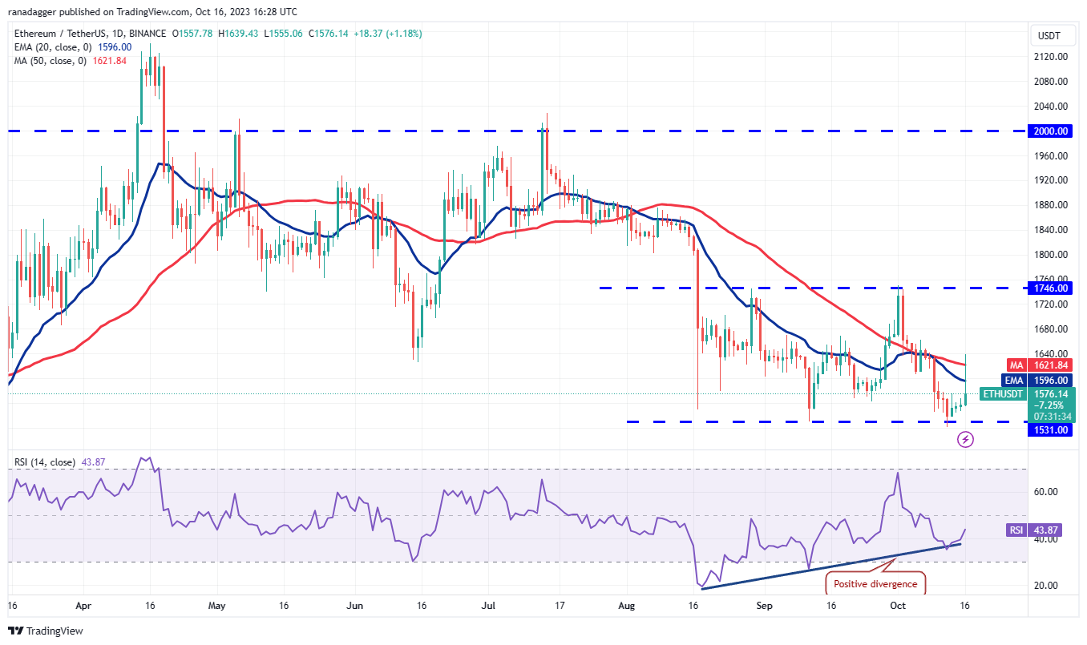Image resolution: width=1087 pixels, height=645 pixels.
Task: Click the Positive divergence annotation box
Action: [x=875, y=583]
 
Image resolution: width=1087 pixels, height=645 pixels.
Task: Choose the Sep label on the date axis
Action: [x=764, y=607]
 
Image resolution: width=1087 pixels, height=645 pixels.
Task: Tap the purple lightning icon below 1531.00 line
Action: [x=966, y=439]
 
